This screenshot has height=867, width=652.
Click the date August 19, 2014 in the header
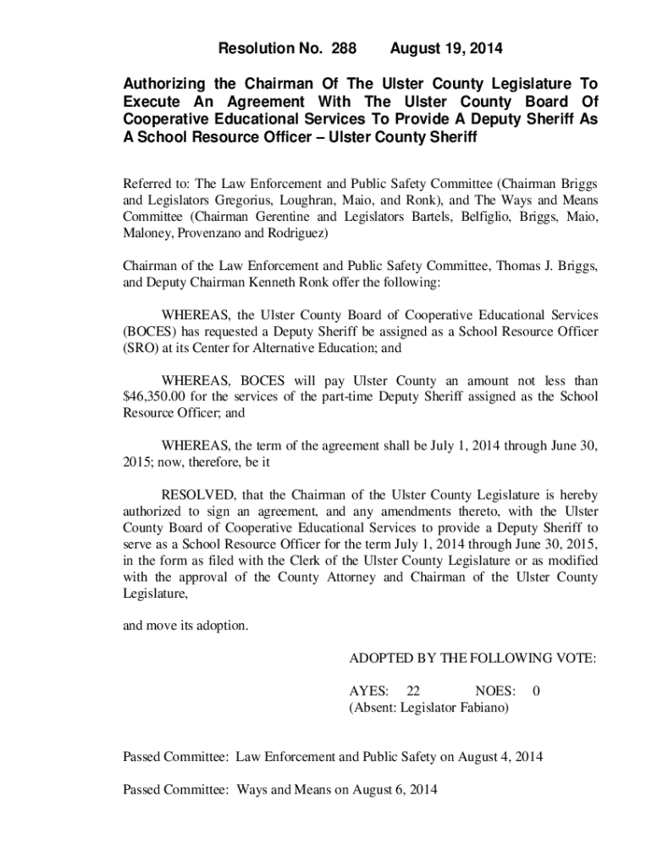(x=446, y=49)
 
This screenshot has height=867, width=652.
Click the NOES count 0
(x=536, y=691)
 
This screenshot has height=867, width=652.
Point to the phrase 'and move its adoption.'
(x=186, y=626)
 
